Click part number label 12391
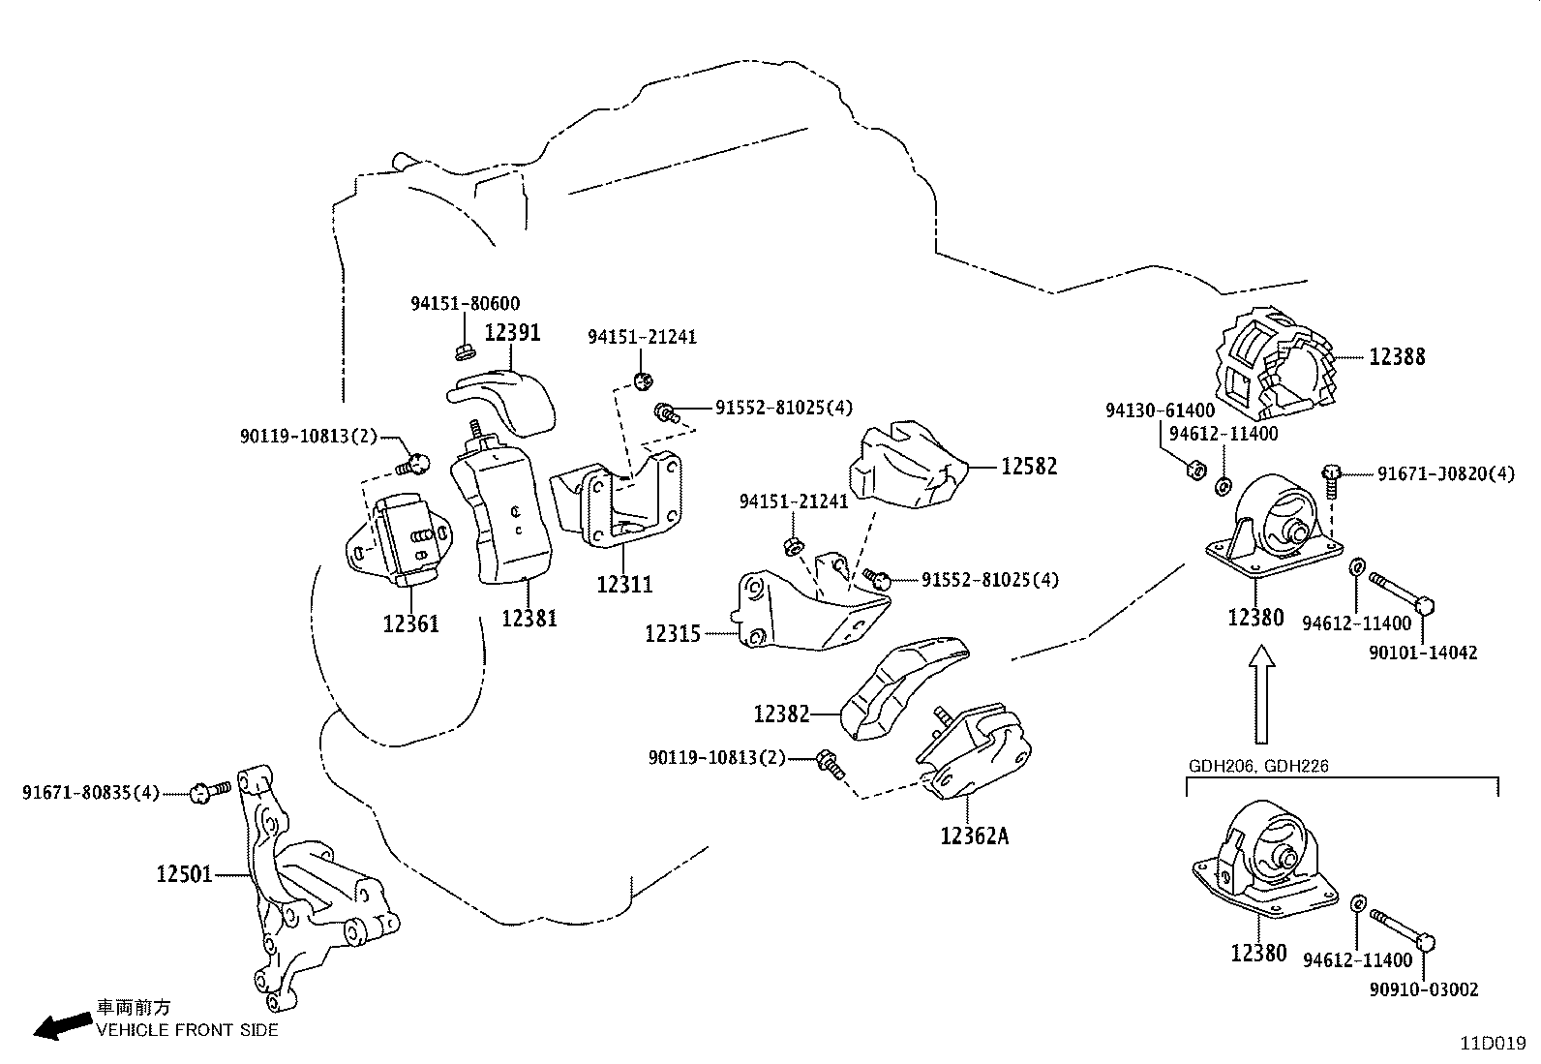tap(512, 332)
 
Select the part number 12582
tap(1029, 467)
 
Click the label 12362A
tap(974, 835)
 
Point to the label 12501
tap(184, 875)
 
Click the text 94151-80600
tap(465, 303)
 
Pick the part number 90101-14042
tap(1423, 653)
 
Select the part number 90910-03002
tap(1423, 989)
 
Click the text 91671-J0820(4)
tap(1446, 474)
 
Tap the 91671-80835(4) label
tap(90, 793)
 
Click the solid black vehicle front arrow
tap(60, 1026)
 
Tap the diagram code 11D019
tap(1493, 1044)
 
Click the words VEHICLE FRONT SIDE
tap(187, 1030)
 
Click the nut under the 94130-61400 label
tap(1196, 470)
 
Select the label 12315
tap(673, 634)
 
